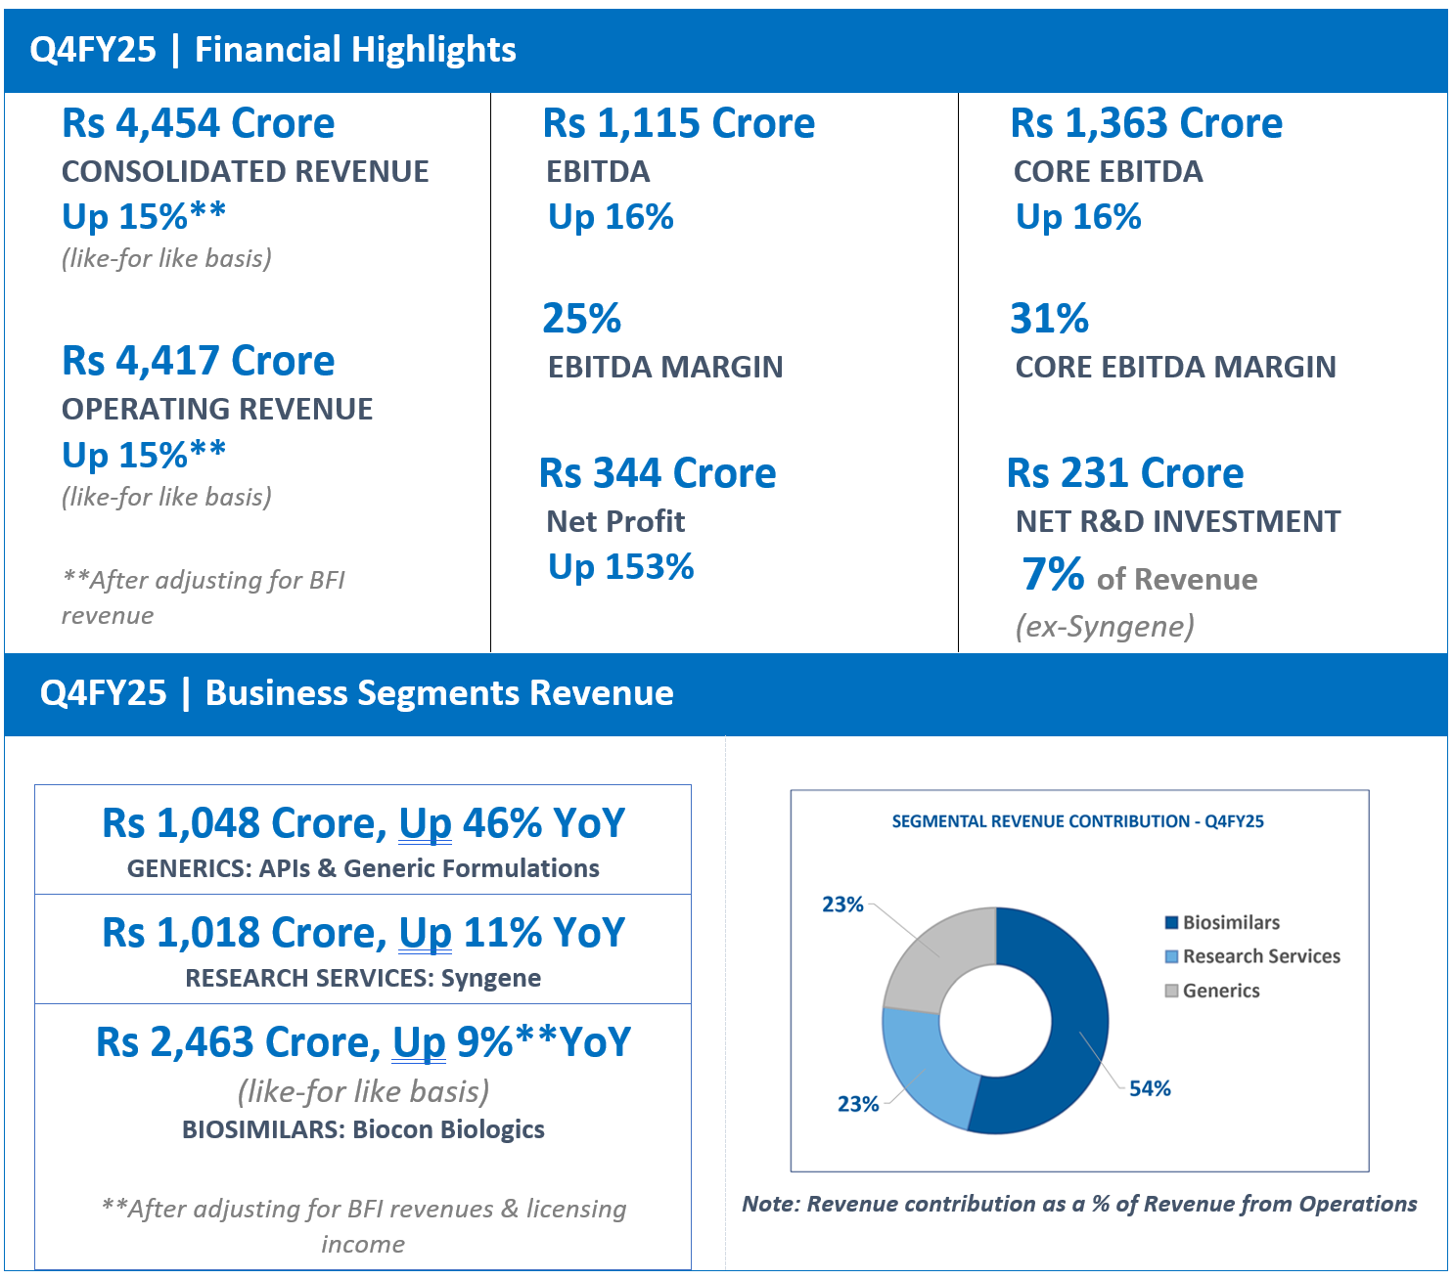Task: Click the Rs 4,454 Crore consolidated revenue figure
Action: click(x=198, y=122)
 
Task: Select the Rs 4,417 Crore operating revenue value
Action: click(x=198, y=360)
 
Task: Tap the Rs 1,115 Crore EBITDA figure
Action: click(x=679, y=122)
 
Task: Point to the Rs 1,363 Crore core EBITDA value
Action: click(x=1146, y=122)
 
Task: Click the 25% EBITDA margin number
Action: click(x=581, y=318)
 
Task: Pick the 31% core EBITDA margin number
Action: click(x=1049, y=318)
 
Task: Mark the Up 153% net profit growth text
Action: click(x=620, y=567)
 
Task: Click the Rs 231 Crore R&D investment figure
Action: click(x=1125, y=472)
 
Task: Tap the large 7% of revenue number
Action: click(x=1053, y=574)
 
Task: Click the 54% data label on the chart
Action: click(x=1150, y=1088)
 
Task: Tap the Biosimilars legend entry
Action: click(x=1222, y=922)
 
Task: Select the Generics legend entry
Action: click(x=1212, y=991)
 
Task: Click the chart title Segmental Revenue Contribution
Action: click(x=1078, y=821)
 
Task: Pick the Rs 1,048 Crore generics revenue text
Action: click(x=239, y=822)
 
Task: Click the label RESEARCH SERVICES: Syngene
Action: click(x=363, y=978)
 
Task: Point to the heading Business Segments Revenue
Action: click(x=439, y=693)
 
